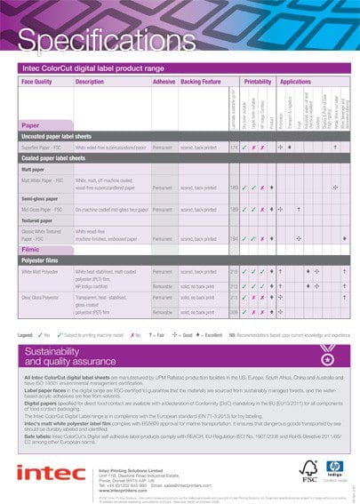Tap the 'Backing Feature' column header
click(202, 82)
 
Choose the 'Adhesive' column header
click(164, 82)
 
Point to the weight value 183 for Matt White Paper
click(234, 188)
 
